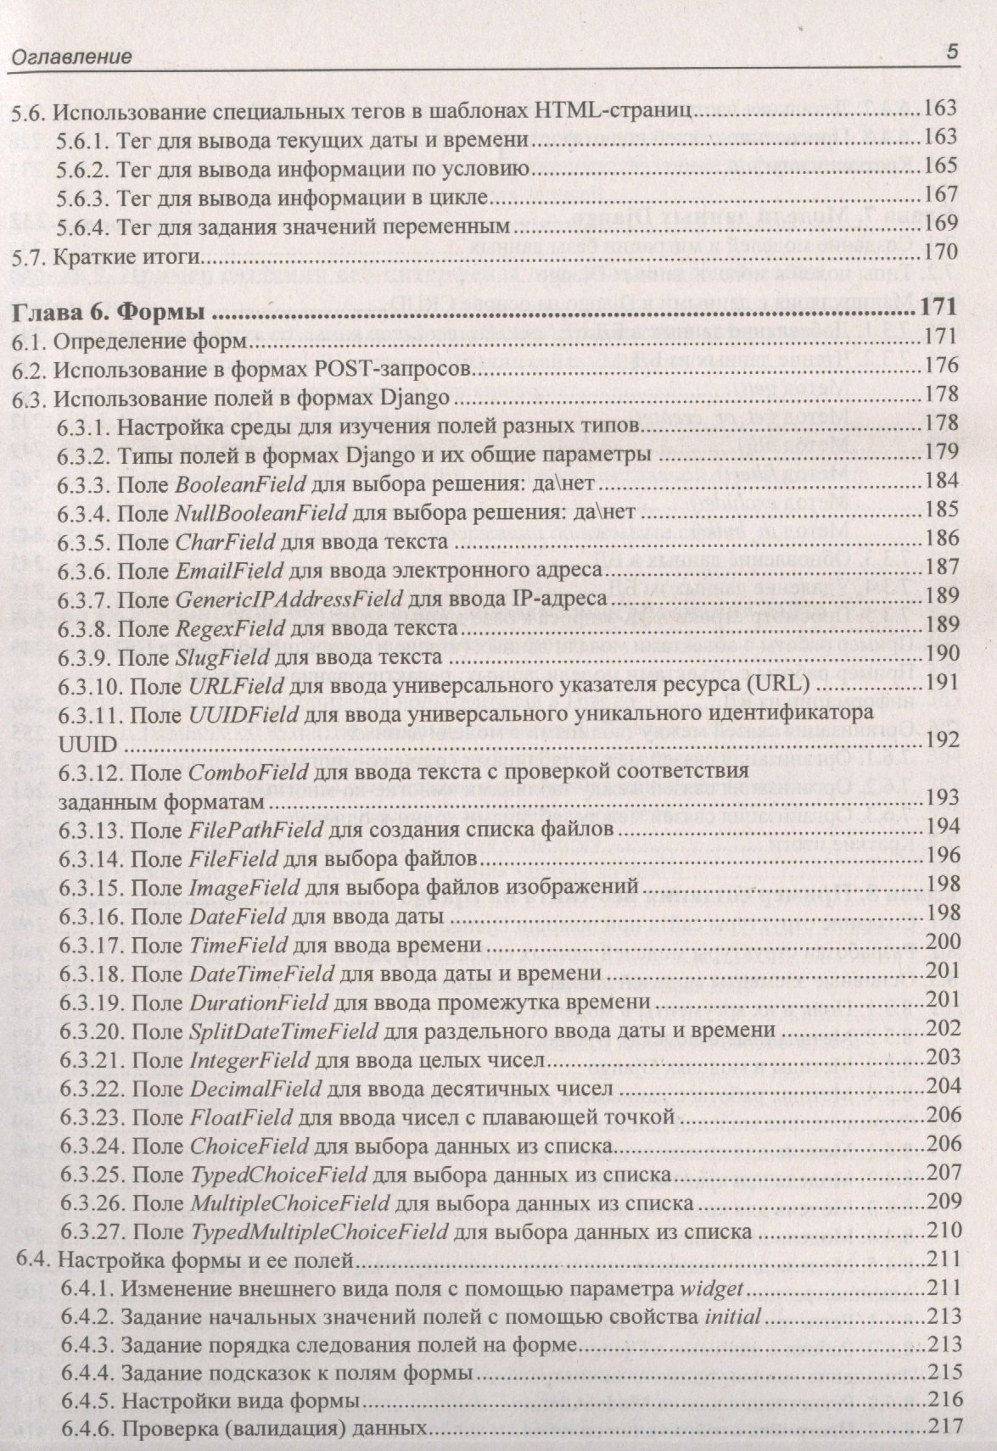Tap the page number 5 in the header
[950, 53]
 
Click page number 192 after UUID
[943, 741]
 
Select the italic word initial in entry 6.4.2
[732, 1317]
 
